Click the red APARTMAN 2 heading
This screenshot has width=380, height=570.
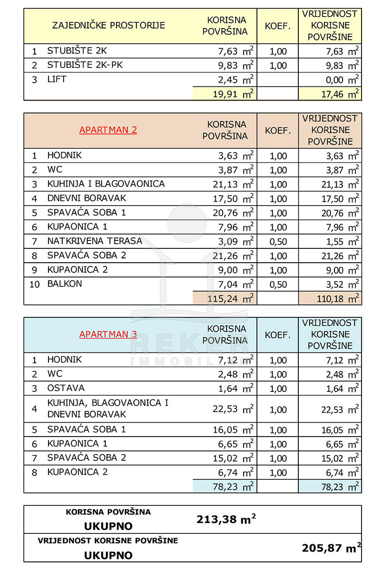point(108,130)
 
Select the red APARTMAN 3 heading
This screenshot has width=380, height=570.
point(108,334)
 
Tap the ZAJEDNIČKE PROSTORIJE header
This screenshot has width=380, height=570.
point(109,25)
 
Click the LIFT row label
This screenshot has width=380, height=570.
point(57,79)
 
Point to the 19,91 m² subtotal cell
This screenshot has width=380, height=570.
point(225,94)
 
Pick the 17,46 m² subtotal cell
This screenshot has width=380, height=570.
point(330,94)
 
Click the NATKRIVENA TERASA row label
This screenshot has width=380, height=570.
point(95,241)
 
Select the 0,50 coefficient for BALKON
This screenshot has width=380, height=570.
point(277,285)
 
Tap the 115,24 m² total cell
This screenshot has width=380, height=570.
point(225,298)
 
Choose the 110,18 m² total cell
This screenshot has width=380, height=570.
point(330,298)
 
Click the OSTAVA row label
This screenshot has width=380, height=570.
point(66,388)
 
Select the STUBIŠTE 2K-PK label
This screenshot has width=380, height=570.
point(85,65)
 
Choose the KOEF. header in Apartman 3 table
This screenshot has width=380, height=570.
point(277,335)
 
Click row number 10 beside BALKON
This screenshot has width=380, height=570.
point(34,284)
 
